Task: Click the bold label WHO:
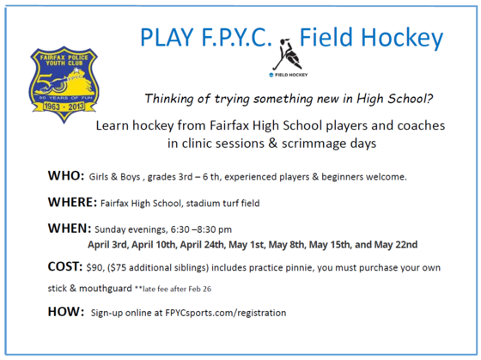coord(64,176)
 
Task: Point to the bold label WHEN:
coord(69,229)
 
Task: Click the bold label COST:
coord(65,268)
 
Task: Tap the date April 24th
coord(213,245)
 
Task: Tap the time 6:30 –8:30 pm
coord(197,230)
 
